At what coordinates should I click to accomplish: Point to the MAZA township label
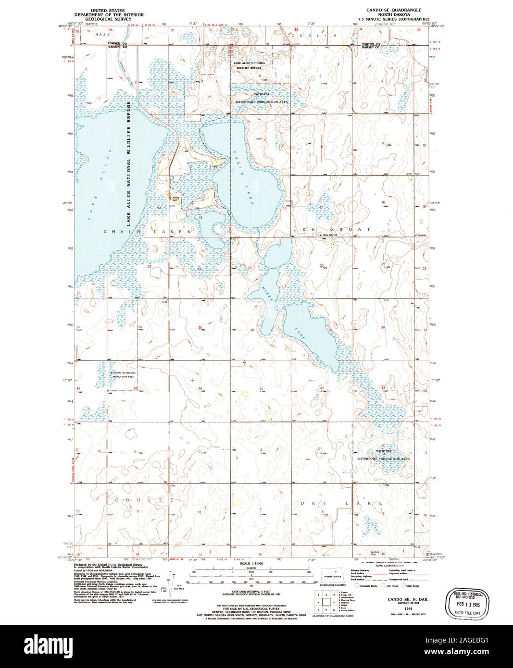pyautogui.click(x=102, y=35)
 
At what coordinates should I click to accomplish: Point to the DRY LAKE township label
pyautogui.click(x=341, y=503)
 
